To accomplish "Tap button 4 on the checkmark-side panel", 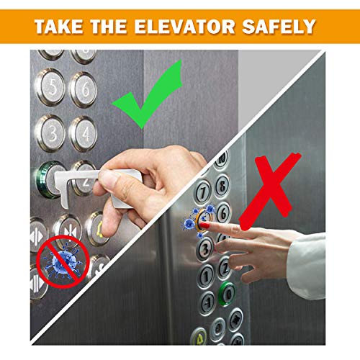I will [83, 133].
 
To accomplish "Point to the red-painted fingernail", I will [204, 225].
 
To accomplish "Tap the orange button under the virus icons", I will [202, 220].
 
